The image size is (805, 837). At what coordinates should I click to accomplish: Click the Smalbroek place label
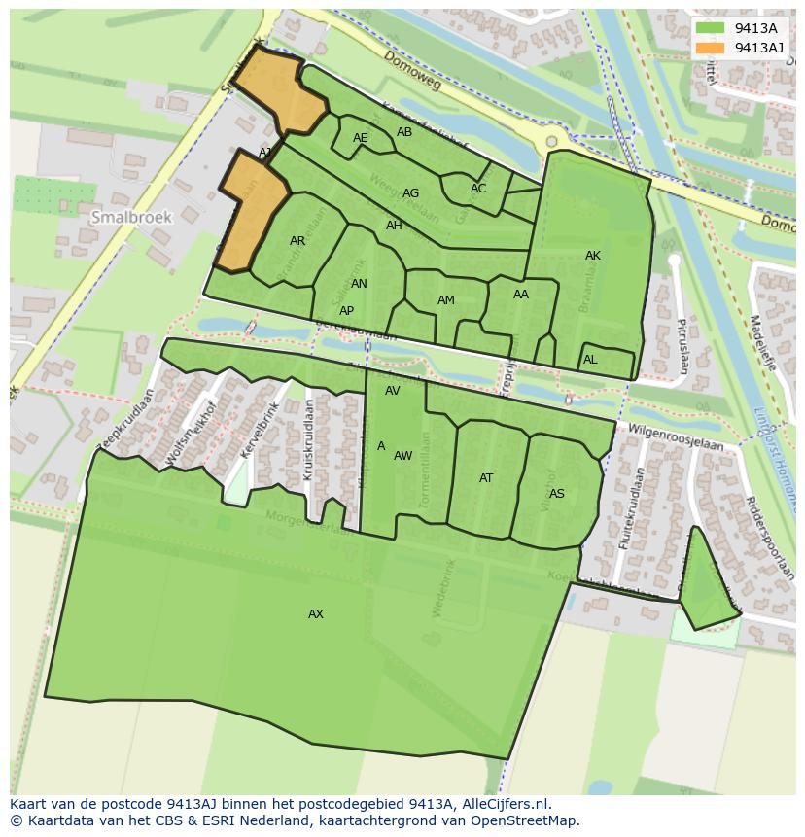click(x=131, y=218)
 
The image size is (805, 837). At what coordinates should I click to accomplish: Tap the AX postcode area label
click(x=316, y=614)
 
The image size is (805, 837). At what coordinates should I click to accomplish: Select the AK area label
click(x=593, y=256)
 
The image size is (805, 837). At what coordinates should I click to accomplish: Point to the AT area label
click(x=486, y=478)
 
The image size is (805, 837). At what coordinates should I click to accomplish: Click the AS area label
click(x=557, y=494)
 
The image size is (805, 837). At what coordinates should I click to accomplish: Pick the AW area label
click(x=403, y=456)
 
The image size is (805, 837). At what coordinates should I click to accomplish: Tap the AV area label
click(x=393, y=391)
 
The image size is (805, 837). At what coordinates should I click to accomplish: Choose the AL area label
click(x=590, y=360)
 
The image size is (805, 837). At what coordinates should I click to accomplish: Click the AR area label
click(x=297, y=241)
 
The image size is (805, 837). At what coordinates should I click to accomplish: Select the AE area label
click(x=361, y=138)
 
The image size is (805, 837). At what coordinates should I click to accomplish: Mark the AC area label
click(x=478, y=189)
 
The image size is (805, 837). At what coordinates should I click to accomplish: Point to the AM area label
click(x=446, y=300)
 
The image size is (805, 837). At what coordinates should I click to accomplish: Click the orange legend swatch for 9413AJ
click(x=711, y=47)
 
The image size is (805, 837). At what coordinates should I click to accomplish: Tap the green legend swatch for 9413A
click(x=711, y=28)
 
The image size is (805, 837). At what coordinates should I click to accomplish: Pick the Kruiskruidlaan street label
click(x=307, y=439)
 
